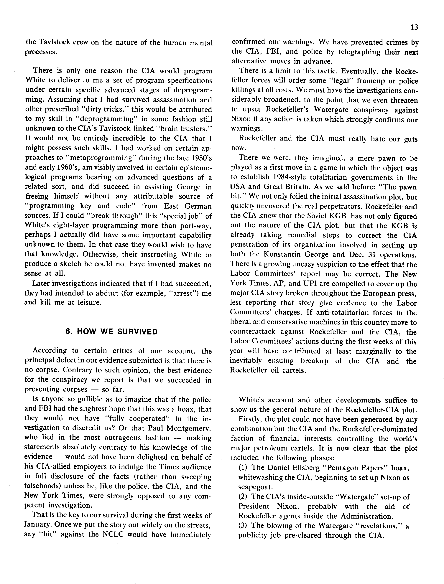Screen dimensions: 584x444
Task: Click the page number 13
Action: (x=414, y=27)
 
